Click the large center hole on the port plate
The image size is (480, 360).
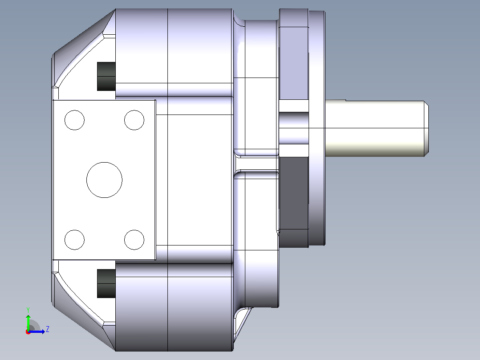(x=104, y=180)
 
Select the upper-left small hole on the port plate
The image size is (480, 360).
(x=74, y=120)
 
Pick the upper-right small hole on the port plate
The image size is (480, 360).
(x=134, y=120)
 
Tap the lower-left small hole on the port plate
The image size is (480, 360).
(x=74, y=240)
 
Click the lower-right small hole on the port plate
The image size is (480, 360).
(x=134, y=240)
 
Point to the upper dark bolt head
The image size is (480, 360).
(x=106, y=76)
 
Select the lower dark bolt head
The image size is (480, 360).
(x=106, y=283)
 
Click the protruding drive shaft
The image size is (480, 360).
(x=377, y=128)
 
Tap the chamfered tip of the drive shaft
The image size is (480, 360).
(x=427, y=128)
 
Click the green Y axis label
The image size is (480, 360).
(x=28, y=310)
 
